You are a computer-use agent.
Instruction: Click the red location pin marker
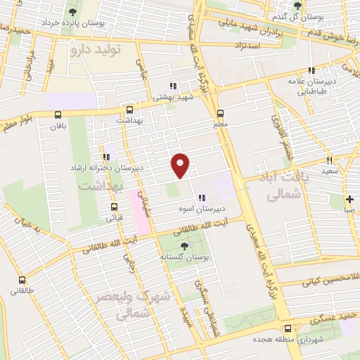[181, 164]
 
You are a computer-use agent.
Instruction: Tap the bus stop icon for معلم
[220, 113]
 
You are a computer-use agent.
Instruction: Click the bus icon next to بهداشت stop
[129, 110]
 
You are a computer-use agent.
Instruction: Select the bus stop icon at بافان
[58, 115]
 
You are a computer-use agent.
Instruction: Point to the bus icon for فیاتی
[115, 207]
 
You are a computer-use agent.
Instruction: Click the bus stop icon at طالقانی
[16, 278]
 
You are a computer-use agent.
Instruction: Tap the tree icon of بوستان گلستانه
[184, 245]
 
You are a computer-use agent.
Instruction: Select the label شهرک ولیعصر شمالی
[134, 307]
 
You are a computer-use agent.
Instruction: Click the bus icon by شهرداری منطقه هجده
[287, 328]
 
